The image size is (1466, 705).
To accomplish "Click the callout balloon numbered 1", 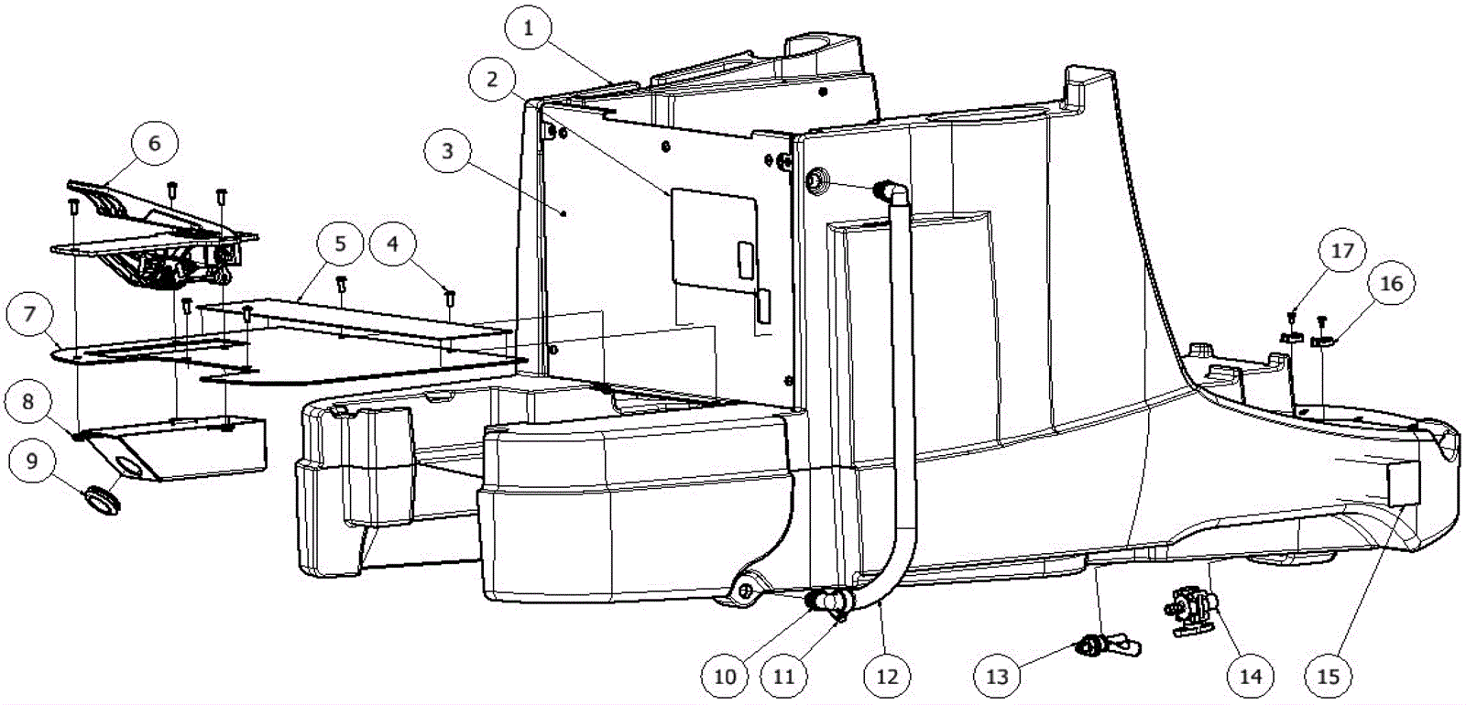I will tap(528, 28).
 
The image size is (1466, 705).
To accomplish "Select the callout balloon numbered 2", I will tap(492, 79).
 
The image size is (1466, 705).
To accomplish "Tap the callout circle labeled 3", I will tap(447, 150).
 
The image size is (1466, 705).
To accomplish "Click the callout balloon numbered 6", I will tap(154, 143).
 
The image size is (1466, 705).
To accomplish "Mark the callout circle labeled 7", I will tap(30, 315).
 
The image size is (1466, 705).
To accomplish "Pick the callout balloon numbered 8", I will tap(30, 401).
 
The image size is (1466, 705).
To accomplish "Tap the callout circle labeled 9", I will tap(33, 461).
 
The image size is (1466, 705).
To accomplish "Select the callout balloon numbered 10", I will tap(725, 677).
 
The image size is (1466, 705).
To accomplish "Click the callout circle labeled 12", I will tap(887, 677).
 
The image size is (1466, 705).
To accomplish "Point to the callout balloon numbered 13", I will tap(997, 677).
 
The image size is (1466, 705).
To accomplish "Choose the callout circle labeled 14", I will tap(1251, 677).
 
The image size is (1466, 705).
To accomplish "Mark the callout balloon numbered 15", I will tap(1328, 677).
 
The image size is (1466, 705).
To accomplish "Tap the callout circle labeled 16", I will tap(1391, 284).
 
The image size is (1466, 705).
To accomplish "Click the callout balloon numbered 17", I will tap(1342, 251).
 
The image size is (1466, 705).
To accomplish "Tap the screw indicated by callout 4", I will tap(449, 297).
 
